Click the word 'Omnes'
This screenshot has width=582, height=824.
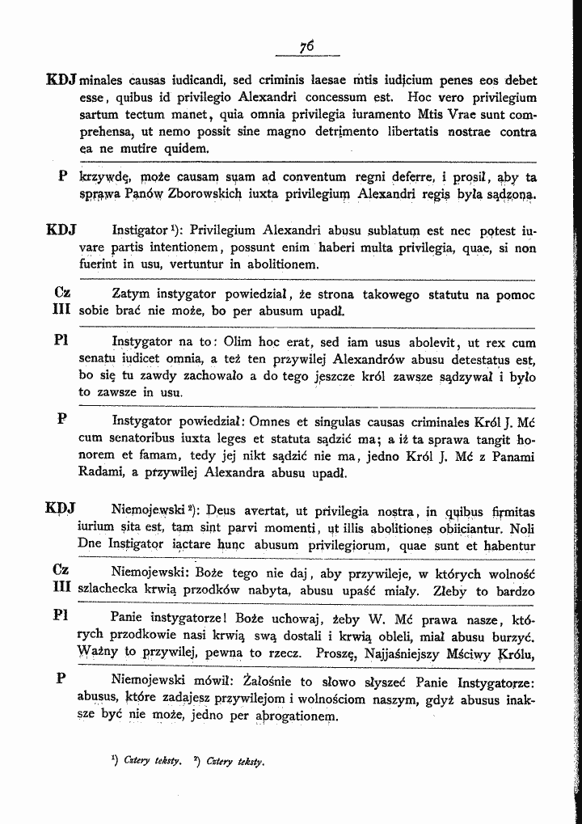270,421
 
